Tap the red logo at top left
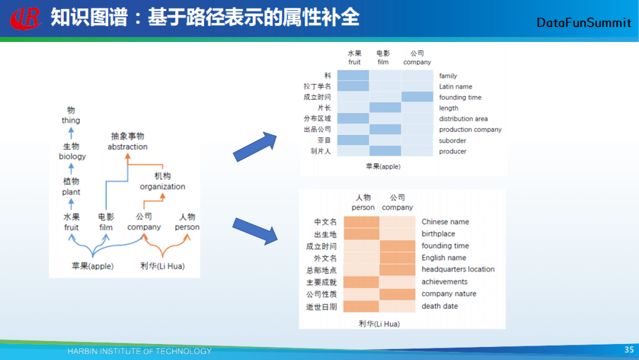[25, 18]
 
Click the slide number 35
[629, 350]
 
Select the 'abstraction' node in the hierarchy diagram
[127, 147]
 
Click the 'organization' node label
[162, 187]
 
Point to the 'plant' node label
[71, 192]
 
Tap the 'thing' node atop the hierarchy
[70, 120]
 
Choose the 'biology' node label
[72, 156]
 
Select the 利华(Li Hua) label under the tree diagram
[162, 266]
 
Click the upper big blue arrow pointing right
[255, 147]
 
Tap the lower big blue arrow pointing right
[255, 230]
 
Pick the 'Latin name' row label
[456, 86]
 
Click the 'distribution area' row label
[463, 118]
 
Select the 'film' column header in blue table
[383, 62]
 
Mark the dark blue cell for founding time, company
[417, 97]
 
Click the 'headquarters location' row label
[458, 269]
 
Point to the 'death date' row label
[440, 306]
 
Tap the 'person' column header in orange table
[363, 207]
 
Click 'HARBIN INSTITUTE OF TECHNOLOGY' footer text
[139, 351]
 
